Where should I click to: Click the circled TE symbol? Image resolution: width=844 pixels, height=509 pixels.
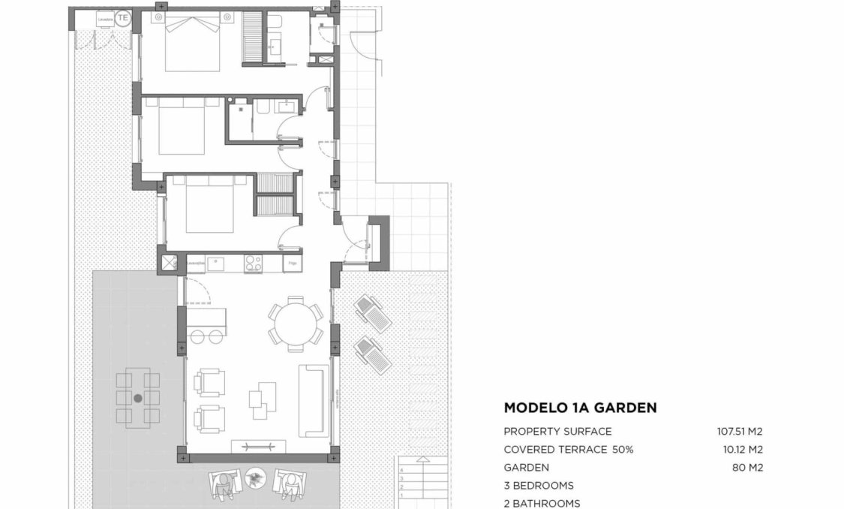(123, 19)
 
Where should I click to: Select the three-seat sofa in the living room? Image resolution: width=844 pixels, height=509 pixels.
(314, 400)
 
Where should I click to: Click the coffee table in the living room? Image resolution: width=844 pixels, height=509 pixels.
(263, 399)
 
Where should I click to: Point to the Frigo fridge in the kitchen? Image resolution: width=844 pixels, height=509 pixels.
(293, 264)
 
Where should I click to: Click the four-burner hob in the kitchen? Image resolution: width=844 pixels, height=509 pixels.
(253, 264)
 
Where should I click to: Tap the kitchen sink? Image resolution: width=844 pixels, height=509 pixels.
(218, 264)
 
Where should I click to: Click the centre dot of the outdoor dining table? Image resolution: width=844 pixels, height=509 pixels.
(138, 398)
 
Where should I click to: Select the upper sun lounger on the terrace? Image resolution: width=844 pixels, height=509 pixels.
(372, 313)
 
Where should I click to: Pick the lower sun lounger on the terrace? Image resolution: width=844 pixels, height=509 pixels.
(373, 354)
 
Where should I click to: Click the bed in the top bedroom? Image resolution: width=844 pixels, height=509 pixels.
(192, 44)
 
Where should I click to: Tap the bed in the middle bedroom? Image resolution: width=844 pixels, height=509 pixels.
(183, 129)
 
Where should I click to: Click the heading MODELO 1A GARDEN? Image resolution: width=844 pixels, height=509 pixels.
(580, 408)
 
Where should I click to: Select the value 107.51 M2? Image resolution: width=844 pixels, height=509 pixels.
(740, 432)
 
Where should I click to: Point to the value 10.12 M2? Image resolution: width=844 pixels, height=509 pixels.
(742, 450)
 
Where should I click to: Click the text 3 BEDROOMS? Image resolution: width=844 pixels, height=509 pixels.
(538, 486)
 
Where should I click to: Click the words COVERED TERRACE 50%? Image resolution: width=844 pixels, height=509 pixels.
(568, 450)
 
